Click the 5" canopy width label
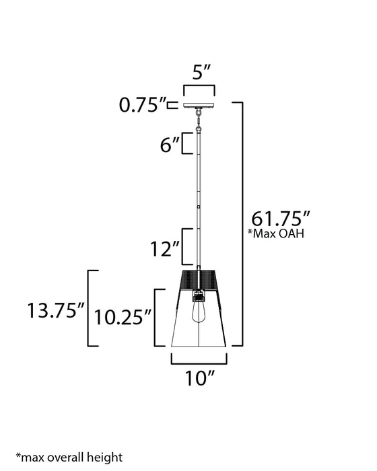click(x=199, y=73)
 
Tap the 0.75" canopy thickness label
click(x=141, y=105)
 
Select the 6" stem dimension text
click(x=170, y=144)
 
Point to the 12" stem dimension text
click(x=166, y=250)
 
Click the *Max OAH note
click(x=277, y=234)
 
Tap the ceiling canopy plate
click(x=199, y=105)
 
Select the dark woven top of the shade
click(x=199, y=278)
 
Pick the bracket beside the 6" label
click(x=189, y=143)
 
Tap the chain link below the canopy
click(x=199, y=120)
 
